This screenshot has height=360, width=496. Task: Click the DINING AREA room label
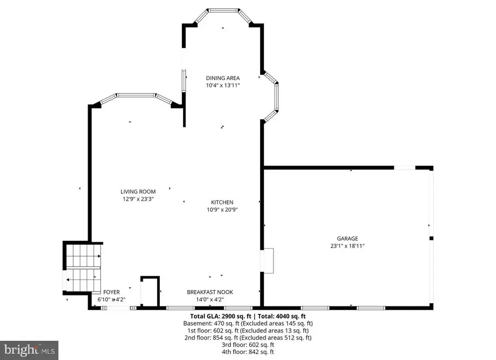pyautogui.click(x=223, y=78)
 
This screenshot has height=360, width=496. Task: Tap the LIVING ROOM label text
pyautogui.click(x=138, y=192)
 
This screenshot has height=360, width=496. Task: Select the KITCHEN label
pyautogui.click(x=222, y=202)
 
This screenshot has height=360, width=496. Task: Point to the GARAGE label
pyautogui.click(x=348, y=239)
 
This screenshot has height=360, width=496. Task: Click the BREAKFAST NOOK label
pyautogui.click(x=209, y=292)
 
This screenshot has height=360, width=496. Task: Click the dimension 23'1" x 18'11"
pyautogui.click(x=348, y=246)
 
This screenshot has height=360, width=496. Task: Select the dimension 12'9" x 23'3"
pyautogui.click(x=138, y=199)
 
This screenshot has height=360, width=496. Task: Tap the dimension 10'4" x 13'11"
pyautogui.click(x=223, y=85)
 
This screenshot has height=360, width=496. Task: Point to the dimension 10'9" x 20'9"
pyautogui.click(x=222, y=209)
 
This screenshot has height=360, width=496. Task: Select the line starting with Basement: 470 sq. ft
pyautogui.click(x=248, y=324)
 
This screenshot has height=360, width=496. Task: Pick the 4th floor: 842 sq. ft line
pyautogui.click(x=248, y=352)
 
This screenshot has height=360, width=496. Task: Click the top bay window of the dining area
pyautogui.click(x=223, y=10)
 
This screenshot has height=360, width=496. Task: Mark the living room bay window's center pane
pyautogui.click(x=136, y=95)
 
